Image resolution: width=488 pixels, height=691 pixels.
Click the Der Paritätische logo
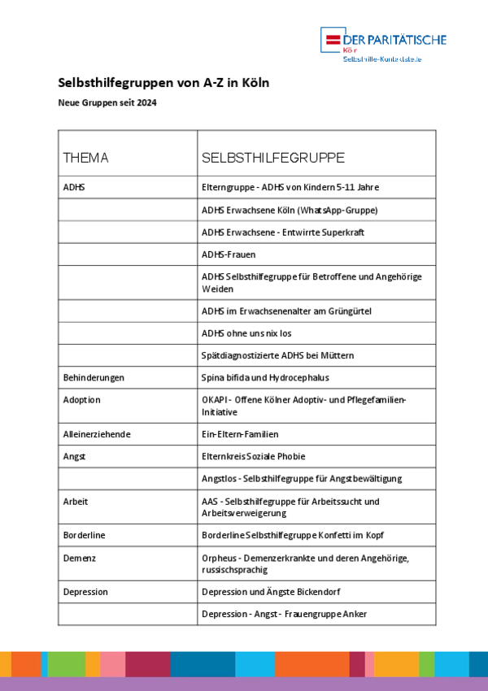(x=383, y=45)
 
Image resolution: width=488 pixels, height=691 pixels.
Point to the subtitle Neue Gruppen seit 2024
(x=107, y=103)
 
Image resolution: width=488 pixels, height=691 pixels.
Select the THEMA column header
(x=85, y=158)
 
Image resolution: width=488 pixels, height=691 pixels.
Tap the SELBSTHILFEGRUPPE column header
(x=272, y=158)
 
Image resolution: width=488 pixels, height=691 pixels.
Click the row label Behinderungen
(x=94, y=378)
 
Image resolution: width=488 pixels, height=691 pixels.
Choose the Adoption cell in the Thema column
(x=82, y=400)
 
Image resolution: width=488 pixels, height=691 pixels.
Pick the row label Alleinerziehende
(x=97, y=434)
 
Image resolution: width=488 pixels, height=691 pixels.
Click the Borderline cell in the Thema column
(x=85, y=535)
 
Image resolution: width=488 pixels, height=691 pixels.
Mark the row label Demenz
(x=80, y=558)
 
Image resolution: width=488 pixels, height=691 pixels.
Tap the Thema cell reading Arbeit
(x=76, y=502)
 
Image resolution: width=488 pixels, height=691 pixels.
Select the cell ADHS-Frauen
(x=229, y=254)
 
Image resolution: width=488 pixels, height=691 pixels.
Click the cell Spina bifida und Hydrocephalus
(x=265, y=378)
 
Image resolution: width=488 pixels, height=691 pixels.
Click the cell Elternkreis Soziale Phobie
(x=254, y=457)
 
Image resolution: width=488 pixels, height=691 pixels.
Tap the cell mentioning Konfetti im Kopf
(x=293, y=535)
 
